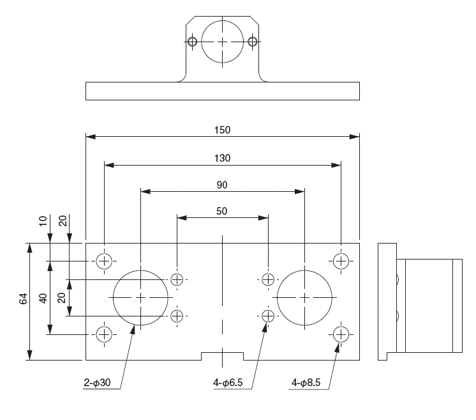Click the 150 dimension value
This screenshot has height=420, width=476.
pyautogui.click(x=222, y=130)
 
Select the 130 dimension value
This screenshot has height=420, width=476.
pyautogui.click(x=222, y=158)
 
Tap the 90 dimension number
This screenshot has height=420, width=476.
pyautogui.click(x=222, y=185)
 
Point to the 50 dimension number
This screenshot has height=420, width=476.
pyautogui.click(x=221, y=211)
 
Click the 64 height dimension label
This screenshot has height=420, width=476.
pyautogui.click(x=24, y=299)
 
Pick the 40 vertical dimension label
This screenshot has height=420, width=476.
pyautogui.click(x=43, y=298)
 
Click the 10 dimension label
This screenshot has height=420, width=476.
pyautogui.click(x=43, y=221)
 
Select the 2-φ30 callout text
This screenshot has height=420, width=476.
pyautogui.click(x=97, y=382)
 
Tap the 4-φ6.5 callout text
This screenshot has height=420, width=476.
pyautogui.click(x=228, y=382)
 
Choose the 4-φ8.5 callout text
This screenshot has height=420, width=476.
pyautogui.click(x=306, y=382)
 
